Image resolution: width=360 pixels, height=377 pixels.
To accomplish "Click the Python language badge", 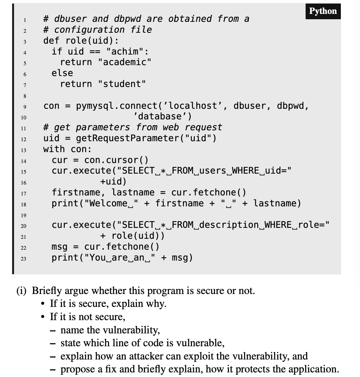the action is pos(323,11).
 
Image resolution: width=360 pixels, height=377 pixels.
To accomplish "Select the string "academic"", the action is pos(125,62).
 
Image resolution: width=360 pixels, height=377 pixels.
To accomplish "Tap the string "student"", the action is pos(122,84).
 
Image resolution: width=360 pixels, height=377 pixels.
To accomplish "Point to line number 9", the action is pos(24,106).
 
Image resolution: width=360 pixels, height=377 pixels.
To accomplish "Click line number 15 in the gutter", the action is pos(23,172).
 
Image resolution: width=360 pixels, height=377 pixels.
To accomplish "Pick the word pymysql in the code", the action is pos(96,106).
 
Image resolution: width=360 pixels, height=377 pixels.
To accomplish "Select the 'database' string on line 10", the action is pos(162,116).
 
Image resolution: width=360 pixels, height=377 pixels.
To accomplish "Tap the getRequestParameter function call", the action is pos(127,138).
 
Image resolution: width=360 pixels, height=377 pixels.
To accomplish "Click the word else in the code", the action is pos(62,73).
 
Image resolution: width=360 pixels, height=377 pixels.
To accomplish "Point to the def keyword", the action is pos(51,41).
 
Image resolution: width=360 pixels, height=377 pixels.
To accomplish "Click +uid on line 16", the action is pos(113,182).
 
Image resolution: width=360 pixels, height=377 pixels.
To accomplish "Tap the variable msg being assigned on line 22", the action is pos(59,247).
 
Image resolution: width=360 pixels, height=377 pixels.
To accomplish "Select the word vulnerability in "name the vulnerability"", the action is pos(131,330).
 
